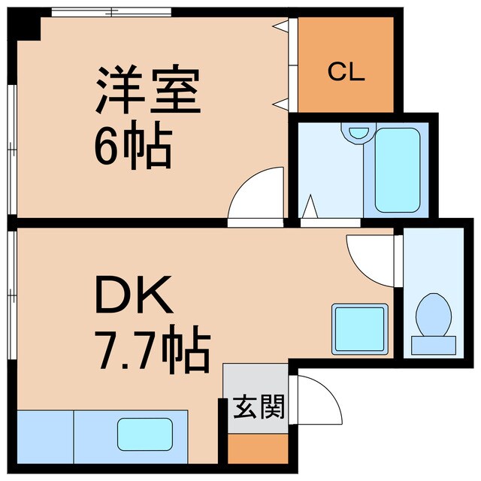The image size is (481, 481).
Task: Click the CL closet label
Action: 346,74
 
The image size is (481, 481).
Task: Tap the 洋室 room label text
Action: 147,90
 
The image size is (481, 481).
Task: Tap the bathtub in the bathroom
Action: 397,169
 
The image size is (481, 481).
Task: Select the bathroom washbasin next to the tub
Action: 357,132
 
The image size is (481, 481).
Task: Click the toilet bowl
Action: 432,315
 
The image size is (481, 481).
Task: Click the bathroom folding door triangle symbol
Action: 309,207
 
